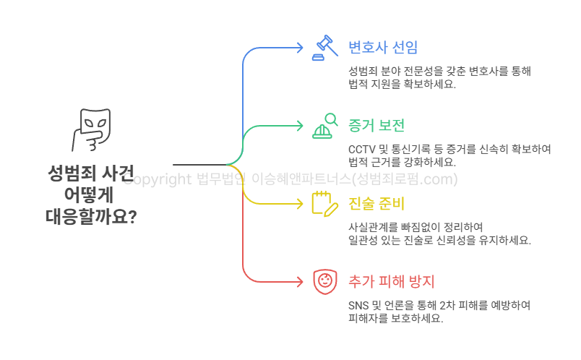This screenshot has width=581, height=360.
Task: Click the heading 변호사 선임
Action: point(383,48)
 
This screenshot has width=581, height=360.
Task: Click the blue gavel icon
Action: point(325,48)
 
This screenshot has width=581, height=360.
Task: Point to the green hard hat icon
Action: point(325,126)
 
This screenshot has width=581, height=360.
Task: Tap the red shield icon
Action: point(325,280)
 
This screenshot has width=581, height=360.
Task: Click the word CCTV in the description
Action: point(361,149)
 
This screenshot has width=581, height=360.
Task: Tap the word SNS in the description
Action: point(358,305)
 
